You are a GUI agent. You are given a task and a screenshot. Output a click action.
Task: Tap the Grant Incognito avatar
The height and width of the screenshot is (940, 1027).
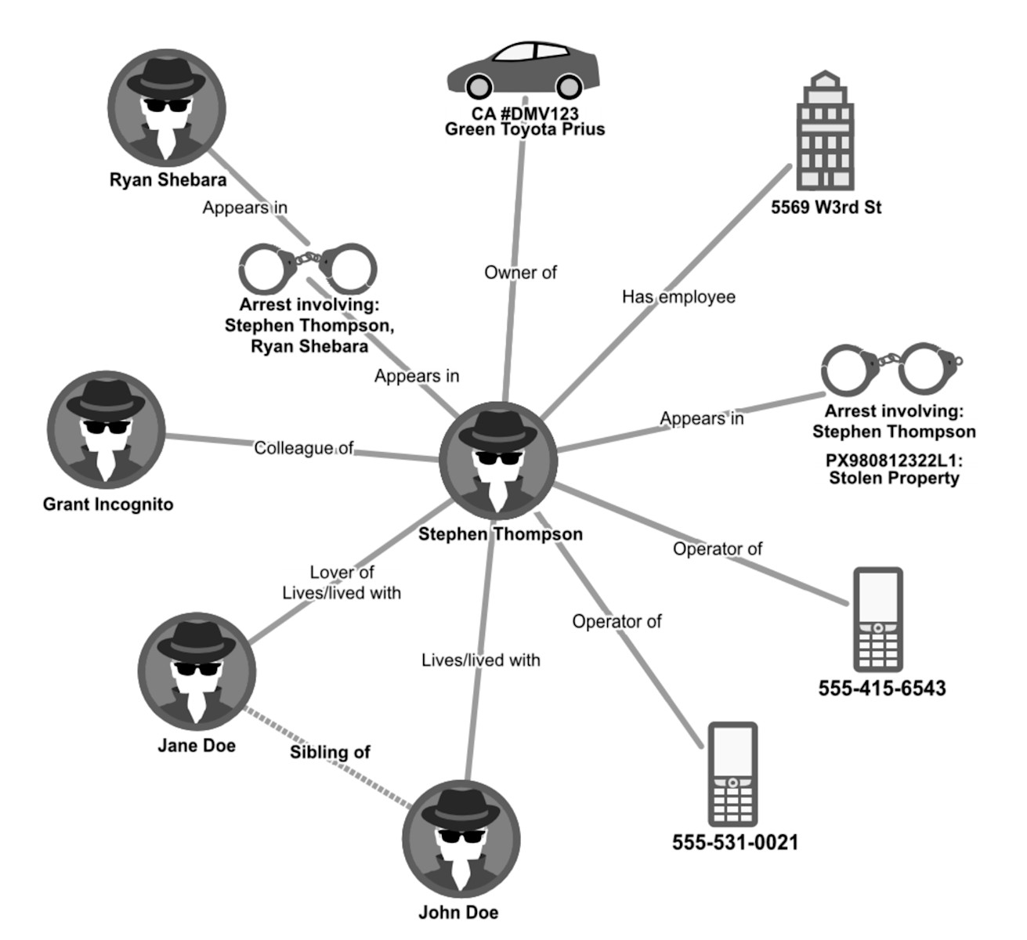106,430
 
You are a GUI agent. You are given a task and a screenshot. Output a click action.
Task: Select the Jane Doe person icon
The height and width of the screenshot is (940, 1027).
197,671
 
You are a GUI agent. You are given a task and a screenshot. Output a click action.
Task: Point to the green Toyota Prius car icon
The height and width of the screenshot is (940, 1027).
523,68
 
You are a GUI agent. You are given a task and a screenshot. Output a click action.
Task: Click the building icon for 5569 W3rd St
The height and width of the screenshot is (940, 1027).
824,132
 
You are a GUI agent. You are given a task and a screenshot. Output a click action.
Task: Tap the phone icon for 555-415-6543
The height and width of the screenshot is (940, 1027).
877,620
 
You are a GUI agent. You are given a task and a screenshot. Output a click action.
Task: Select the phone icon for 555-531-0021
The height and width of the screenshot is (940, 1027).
732,774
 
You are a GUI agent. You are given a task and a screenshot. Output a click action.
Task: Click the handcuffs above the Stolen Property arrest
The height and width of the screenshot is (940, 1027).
891,368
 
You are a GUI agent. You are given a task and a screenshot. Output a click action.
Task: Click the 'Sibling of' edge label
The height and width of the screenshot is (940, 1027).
330,752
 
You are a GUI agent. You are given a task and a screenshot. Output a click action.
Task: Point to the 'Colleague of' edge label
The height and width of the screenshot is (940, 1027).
304,448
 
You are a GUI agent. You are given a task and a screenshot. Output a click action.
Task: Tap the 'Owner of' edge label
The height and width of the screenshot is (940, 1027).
520,273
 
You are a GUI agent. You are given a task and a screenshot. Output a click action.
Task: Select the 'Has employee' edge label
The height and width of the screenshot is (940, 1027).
678,297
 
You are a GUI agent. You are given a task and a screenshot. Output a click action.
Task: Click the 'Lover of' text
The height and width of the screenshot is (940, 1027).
342,573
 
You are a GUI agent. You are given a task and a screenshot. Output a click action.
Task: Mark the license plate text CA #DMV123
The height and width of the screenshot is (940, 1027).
525,114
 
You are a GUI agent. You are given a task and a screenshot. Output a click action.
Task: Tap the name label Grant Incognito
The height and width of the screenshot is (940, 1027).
108,504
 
